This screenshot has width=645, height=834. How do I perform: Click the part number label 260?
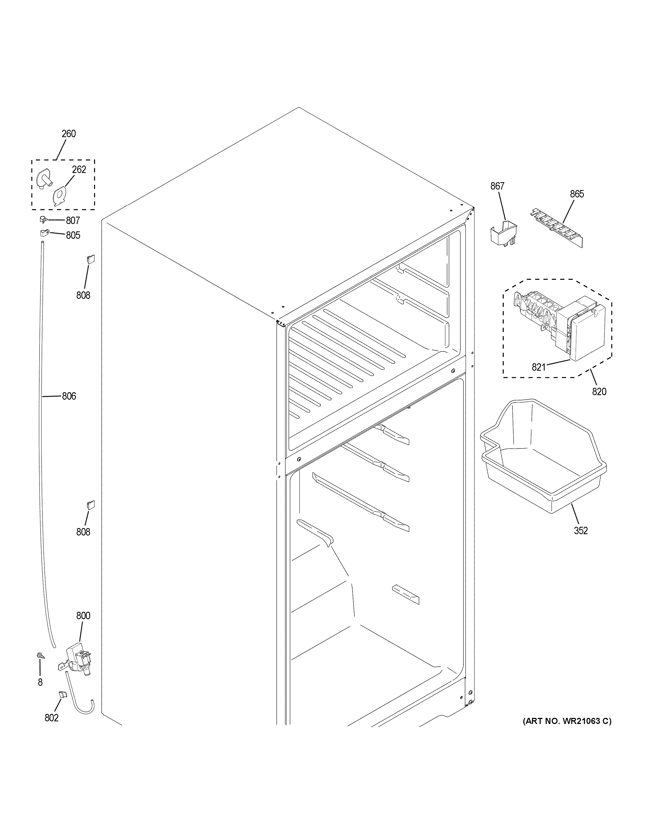click(69, 134)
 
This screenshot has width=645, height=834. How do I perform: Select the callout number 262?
click(79, 170)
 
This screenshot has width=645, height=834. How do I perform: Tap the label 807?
click(73, 220)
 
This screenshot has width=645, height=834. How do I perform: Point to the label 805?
click(73, 235)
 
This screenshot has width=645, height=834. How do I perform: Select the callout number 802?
click(52, 718)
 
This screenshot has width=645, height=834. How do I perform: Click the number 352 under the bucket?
click(580, 530)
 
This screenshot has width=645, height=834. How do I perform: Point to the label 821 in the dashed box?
click(539, 367)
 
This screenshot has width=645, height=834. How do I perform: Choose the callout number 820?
click(599, 391)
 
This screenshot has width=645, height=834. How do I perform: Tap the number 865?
click(577, 194)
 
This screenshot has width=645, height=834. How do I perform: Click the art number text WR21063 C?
click(567, 721)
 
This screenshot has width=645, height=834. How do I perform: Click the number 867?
click(497, 186)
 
